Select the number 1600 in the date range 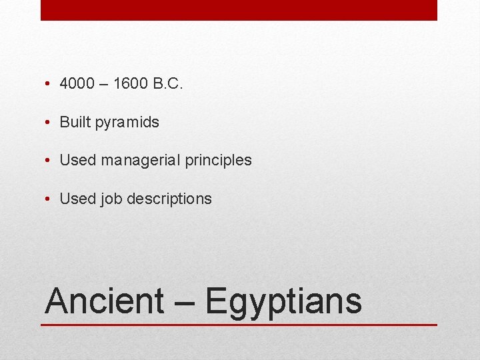tap(131, 84)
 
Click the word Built tap(75, 122)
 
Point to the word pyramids tap(127, 123)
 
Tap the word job tap(112, 199)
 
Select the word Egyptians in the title tap(283, 301)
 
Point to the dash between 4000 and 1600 tap(104, 85)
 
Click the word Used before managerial tap(78, 161)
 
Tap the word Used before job tap(78, 199)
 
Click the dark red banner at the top tap(239, 10)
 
